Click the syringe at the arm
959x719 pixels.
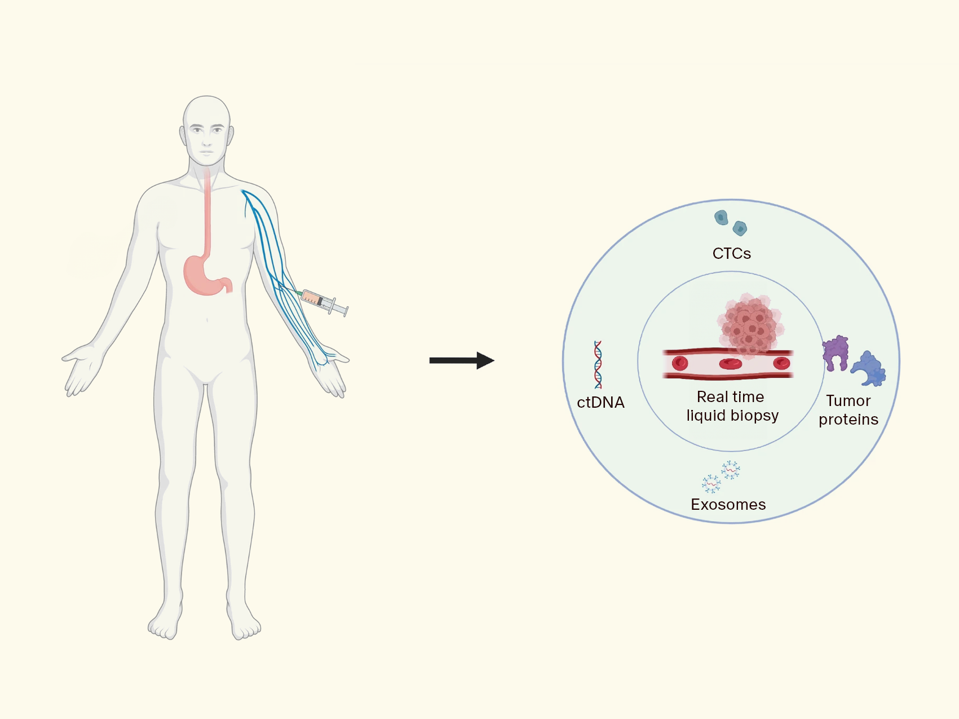coord(324,302)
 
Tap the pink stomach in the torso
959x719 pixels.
coord(206,275)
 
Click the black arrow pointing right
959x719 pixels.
coord(462,360)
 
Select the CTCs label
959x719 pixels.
coord(731,254)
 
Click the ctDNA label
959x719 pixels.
coord(600,403)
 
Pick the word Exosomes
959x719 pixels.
coord(728,504)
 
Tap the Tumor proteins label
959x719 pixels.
coord(848,410)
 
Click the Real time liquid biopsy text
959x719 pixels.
coord(732,406)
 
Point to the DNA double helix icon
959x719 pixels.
coord(598,364)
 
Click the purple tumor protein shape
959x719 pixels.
coord(835,352)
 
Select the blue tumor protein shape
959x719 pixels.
coord(868,369)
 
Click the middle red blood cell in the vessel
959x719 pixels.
coord(731,364)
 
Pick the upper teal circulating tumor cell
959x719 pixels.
coord(721,218)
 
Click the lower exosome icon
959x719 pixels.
coord(711,484)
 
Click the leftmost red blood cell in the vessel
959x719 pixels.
coord(680,363)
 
